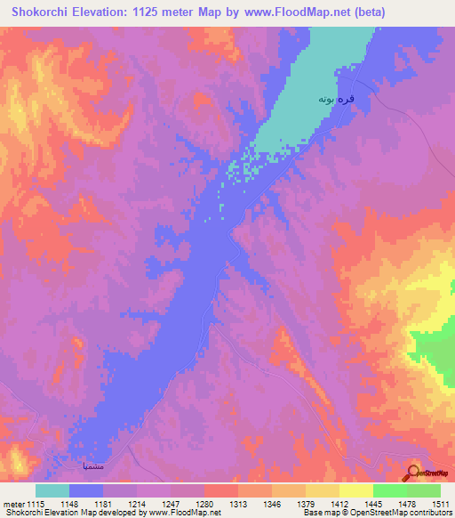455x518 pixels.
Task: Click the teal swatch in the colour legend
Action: tap(52, 490)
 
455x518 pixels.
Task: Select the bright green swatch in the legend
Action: tap(389, 490)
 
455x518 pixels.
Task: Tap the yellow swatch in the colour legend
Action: tap(322, 490)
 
